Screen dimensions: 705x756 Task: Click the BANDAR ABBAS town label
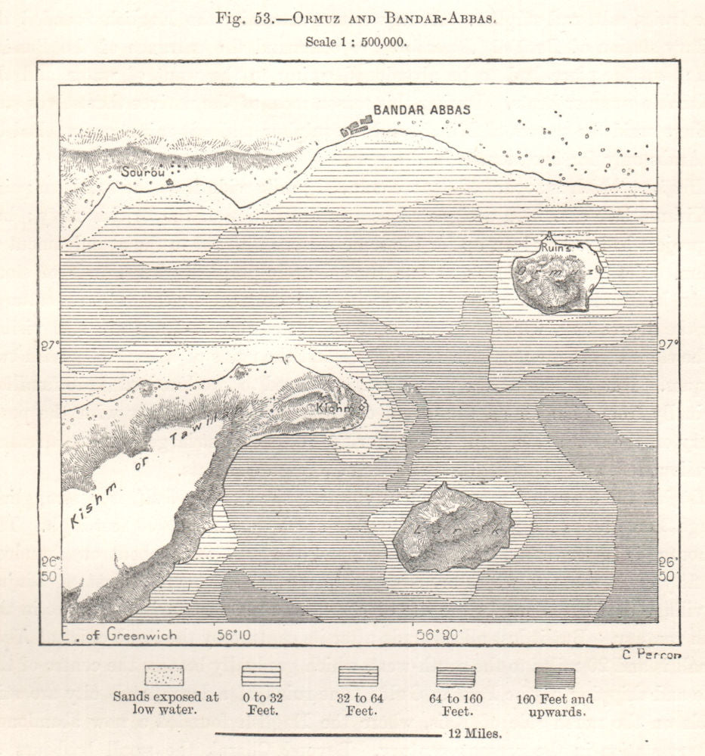(422, 110)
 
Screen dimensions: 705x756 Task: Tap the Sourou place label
(144, 172)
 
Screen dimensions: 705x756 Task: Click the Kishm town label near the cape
(332, 407)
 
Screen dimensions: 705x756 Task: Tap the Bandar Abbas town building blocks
(356, 125)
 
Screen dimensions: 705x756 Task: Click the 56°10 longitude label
(233, 635)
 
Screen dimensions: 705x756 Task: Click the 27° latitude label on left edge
(50, 346)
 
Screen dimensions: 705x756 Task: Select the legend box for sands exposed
(164, 675)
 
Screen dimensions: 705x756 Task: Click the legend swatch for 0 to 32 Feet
(261, 675)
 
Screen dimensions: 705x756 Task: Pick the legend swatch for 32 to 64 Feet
(358, 675)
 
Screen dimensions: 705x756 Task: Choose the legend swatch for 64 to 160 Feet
(456, 675)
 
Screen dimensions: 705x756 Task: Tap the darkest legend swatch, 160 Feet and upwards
(555, 677)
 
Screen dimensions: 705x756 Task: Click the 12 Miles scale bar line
(327, 733)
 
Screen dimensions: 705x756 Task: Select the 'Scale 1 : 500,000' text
(356, 42)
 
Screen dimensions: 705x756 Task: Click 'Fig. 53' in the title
(242, 19)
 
